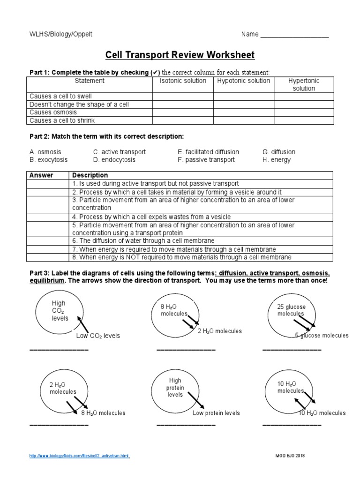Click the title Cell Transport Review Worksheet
180,55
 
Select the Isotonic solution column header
183,81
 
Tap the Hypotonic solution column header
243,81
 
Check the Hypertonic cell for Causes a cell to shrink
304,120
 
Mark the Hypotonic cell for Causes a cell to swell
243,97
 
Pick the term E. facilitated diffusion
208,152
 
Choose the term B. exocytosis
48,160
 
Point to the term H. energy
277,160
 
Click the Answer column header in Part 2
41,175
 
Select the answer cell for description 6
48,241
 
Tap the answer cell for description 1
48,184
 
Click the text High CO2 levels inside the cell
60,311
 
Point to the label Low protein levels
216,413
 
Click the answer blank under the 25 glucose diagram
292,350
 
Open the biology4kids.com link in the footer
79,456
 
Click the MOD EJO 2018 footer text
289,456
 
